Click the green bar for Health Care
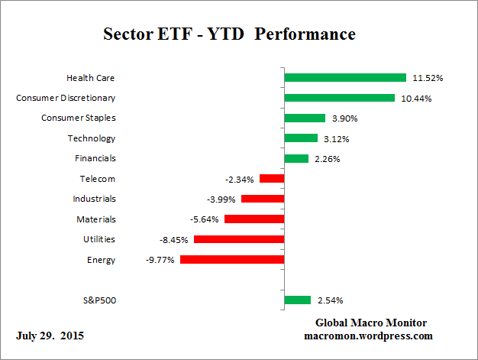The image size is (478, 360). click(344, 77)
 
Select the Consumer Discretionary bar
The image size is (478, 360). click(339, 98)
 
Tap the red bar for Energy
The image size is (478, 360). click(231, 260)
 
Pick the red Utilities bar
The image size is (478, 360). click(238, 239)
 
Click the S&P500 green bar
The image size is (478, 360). click(297, 300)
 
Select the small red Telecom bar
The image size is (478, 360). click(271, 179)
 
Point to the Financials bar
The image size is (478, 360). click(296, 158)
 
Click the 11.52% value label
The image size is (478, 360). click(428, 78)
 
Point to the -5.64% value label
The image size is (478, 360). click(203, 219)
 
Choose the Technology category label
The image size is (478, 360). click(92, 138)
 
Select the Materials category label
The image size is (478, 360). click(95, 219)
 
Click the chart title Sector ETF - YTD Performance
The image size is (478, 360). click(229, 34)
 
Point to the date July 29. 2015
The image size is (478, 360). click(50, 336)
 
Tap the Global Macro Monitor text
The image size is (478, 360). click(371, 323)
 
